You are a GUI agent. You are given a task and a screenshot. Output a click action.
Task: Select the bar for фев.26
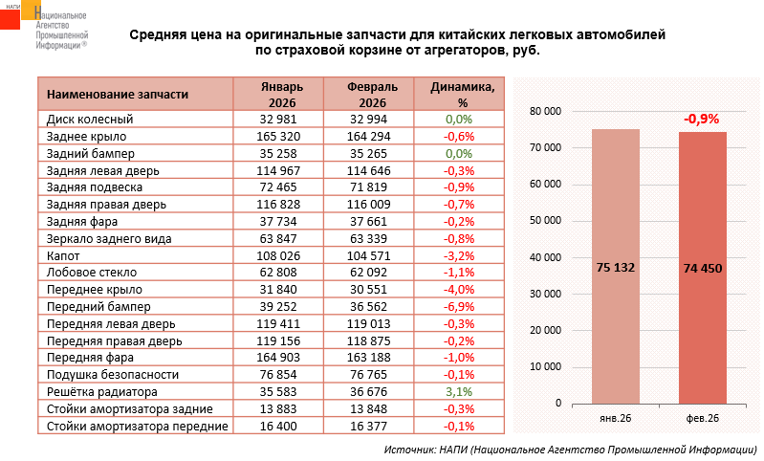click(x=702, y=268)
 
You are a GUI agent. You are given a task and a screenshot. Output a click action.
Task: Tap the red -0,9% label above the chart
click(x=701, y=120)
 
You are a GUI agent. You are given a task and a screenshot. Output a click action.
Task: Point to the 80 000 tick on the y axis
click(x=544, y=112)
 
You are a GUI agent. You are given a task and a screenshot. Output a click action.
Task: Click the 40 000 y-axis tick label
click(x=544, y=258)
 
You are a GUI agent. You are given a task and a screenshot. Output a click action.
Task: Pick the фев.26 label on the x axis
click(x=702, y=419)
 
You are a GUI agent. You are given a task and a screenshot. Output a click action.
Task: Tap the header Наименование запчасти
click(x=118, y=95)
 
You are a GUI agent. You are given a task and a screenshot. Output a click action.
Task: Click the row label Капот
click(x=63, y=255)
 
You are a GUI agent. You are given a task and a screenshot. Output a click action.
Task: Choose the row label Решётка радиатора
click(x=101, y=391)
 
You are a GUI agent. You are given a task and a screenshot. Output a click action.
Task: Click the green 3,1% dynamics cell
click(x=459, y=391)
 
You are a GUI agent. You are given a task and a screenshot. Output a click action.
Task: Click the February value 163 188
click(x=369, y=358)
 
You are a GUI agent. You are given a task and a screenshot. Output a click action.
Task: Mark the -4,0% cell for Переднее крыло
click(x=459, y=290)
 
